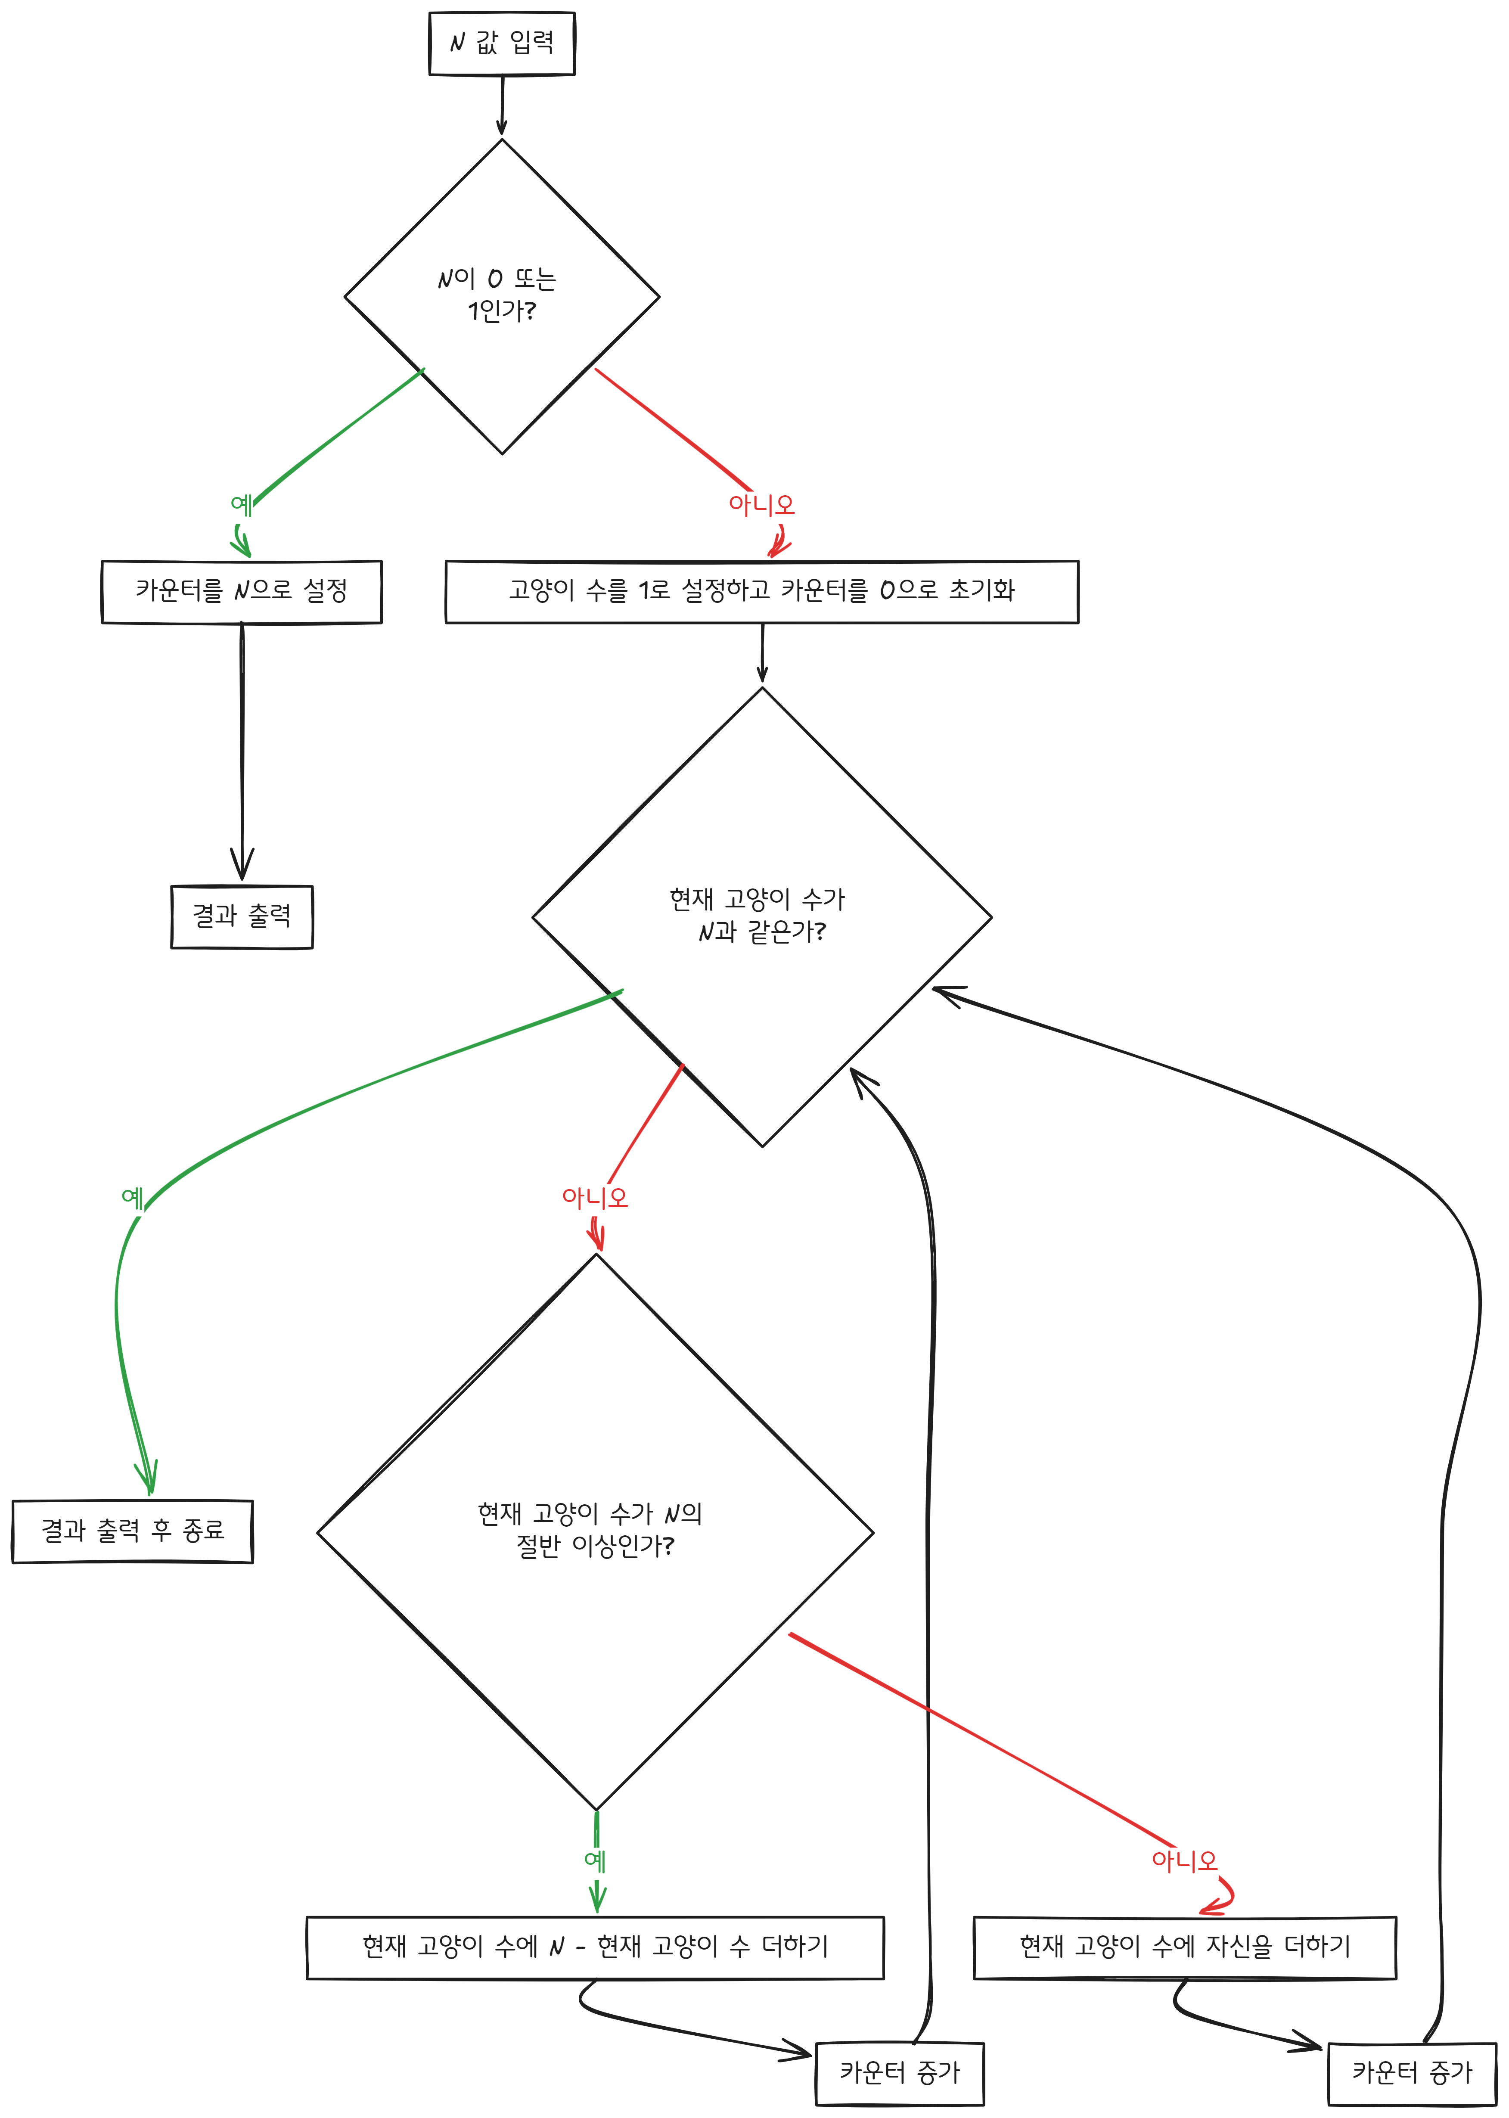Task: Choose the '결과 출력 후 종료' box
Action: pos(132,1531)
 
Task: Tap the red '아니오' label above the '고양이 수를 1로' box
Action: pos(761,504)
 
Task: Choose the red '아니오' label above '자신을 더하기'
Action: pos(1184,1861)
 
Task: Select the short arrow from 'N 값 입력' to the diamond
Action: pos(502,105)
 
